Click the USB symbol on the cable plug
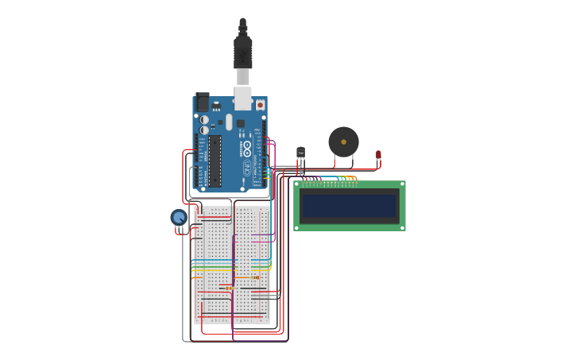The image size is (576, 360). pos(243,55)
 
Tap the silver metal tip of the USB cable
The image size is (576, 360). pos(243,77)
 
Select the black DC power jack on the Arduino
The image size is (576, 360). pos(203,102)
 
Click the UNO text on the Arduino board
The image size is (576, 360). pos(246,168)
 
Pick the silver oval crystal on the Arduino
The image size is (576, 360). pos(229,122)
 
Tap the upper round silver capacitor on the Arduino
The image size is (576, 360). pos(204,120)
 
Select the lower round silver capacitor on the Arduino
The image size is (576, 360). pos(204,130)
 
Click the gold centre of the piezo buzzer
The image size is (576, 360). pos(343,142)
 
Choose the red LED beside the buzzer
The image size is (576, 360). pos(378,154)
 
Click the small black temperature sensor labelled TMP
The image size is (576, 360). pos(300,152)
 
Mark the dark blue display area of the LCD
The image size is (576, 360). pos(349,206)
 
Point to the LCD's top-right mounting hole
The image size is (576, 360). pos(402,184)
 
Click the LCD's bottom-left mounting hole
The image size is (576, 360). pos(297,227)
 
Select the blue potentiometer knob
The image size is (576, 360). pos(179,217)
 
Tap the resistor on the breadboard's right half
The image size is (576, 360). pos(256,277)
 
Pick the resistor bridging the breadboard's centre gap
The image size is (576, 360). pos(229,288)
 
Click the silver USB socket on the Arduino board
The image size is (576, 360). pos(243,99)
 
